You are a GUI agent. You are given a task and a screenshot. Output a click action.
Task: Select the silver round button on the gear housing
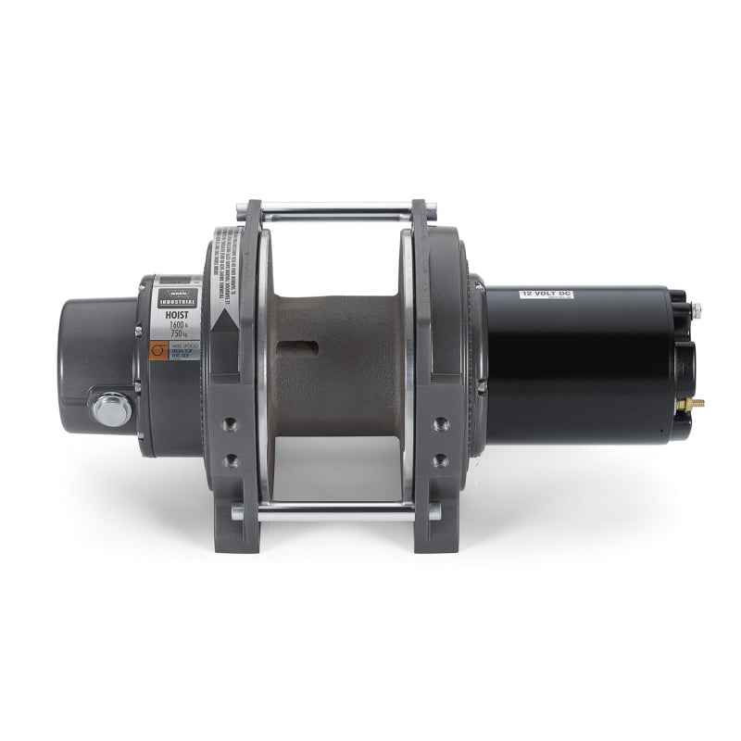pyautogui.click(x=112, y=409)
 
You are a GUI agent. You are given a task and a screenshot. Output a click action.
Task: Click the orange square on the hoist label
pyautogui.click(x=158, y=349)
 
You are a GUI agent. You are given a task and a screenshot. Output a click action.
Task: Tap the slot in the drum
pyautogui.click(x=302, y=346)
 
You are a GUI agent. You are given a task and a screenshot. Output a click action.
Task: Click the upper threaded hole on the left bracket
pyautogui.click(x=231, y=423)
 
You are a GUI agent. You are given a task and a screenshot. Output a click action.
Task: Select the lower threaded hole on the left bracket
pyautogui.click(x=231, y=458)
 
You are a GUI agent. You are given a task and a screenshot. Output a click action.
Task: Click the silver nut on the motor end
pyautogui.click(x=695, y=310)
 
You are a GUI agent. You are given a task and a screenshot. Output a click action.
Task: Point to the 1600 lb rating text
pyautogui.click(x=177, y=325)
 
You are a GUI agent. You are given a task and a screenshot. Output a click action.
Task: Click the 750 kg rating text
pyautogui.click(x=177, y=335)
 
